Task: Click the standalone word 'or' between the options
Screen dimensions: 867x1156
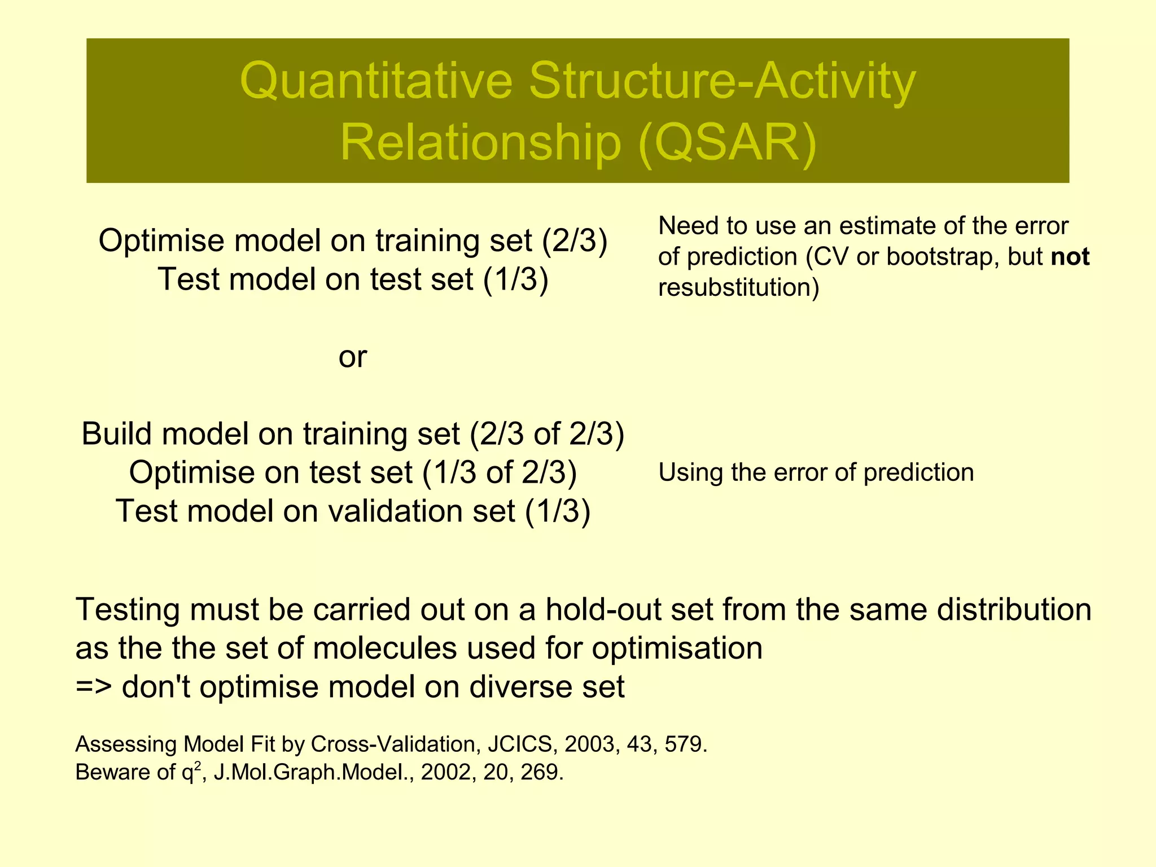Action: (353, 357)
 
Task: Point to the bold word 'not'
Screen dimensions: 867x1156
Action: (1070, 257)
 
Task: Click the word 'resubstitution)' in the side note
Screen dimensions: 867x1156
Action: (738, 288)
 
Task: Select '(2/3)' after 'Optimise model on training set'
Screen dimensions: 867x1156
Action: (574, 241)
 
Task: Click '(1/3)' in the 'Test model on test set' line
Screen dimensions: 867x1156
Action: (516, 279)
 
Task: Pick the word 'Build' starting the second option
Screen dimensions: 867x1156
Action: (117, 434)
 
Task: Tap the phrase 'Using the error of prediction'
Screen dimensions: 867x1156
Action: (816, 472)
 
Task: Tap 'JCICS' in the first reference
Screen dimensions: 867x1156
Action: (519, 745)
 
